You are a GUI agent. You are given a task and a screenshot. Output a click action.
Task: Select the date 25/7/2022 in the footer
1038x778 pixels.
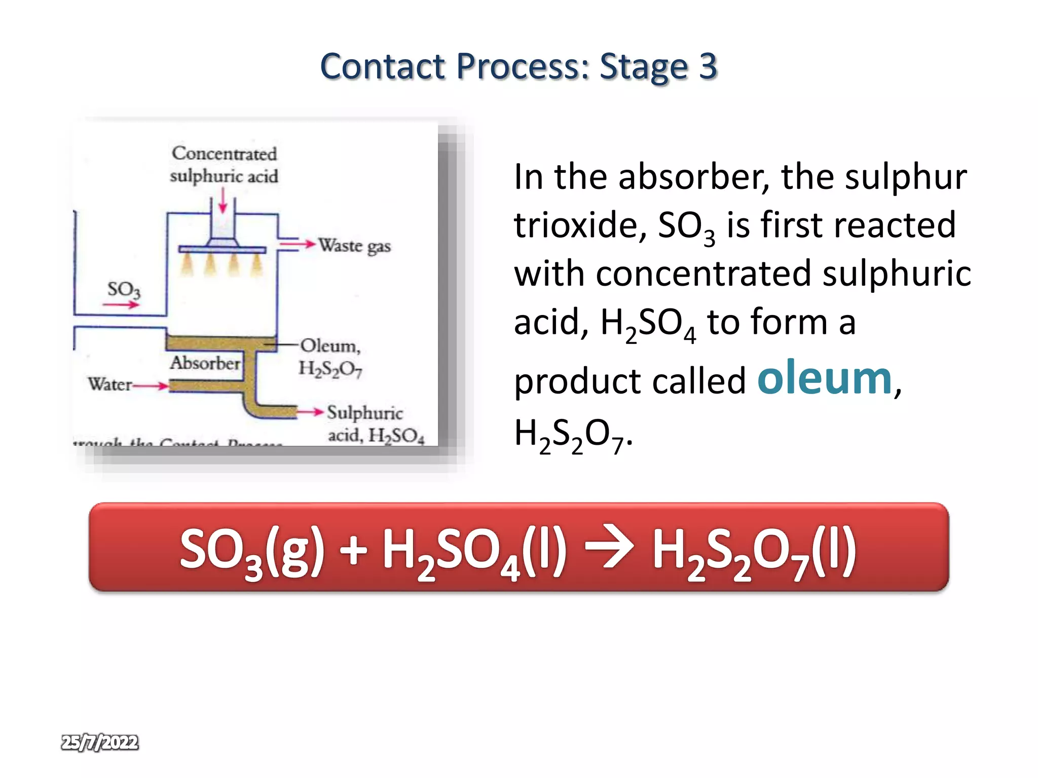[100, 742]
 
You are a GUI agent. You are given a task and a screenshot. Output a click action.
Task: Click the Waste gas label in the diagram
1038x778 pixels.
[355, 246]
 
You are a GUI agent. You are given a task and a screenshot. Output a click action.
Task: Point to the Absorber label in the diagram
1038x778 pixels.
[205, 363]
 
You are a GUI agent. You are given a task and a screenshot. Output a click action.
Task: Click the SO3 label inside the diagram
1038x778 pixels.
[124, 290]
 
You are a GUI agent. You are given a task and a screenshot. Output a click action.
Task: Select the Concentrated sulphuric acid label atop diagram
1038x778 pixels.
[224, 165]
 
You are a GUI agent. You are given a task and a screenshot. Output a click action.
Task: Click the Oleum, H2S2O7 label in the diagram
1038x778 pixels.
[330, 357]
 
